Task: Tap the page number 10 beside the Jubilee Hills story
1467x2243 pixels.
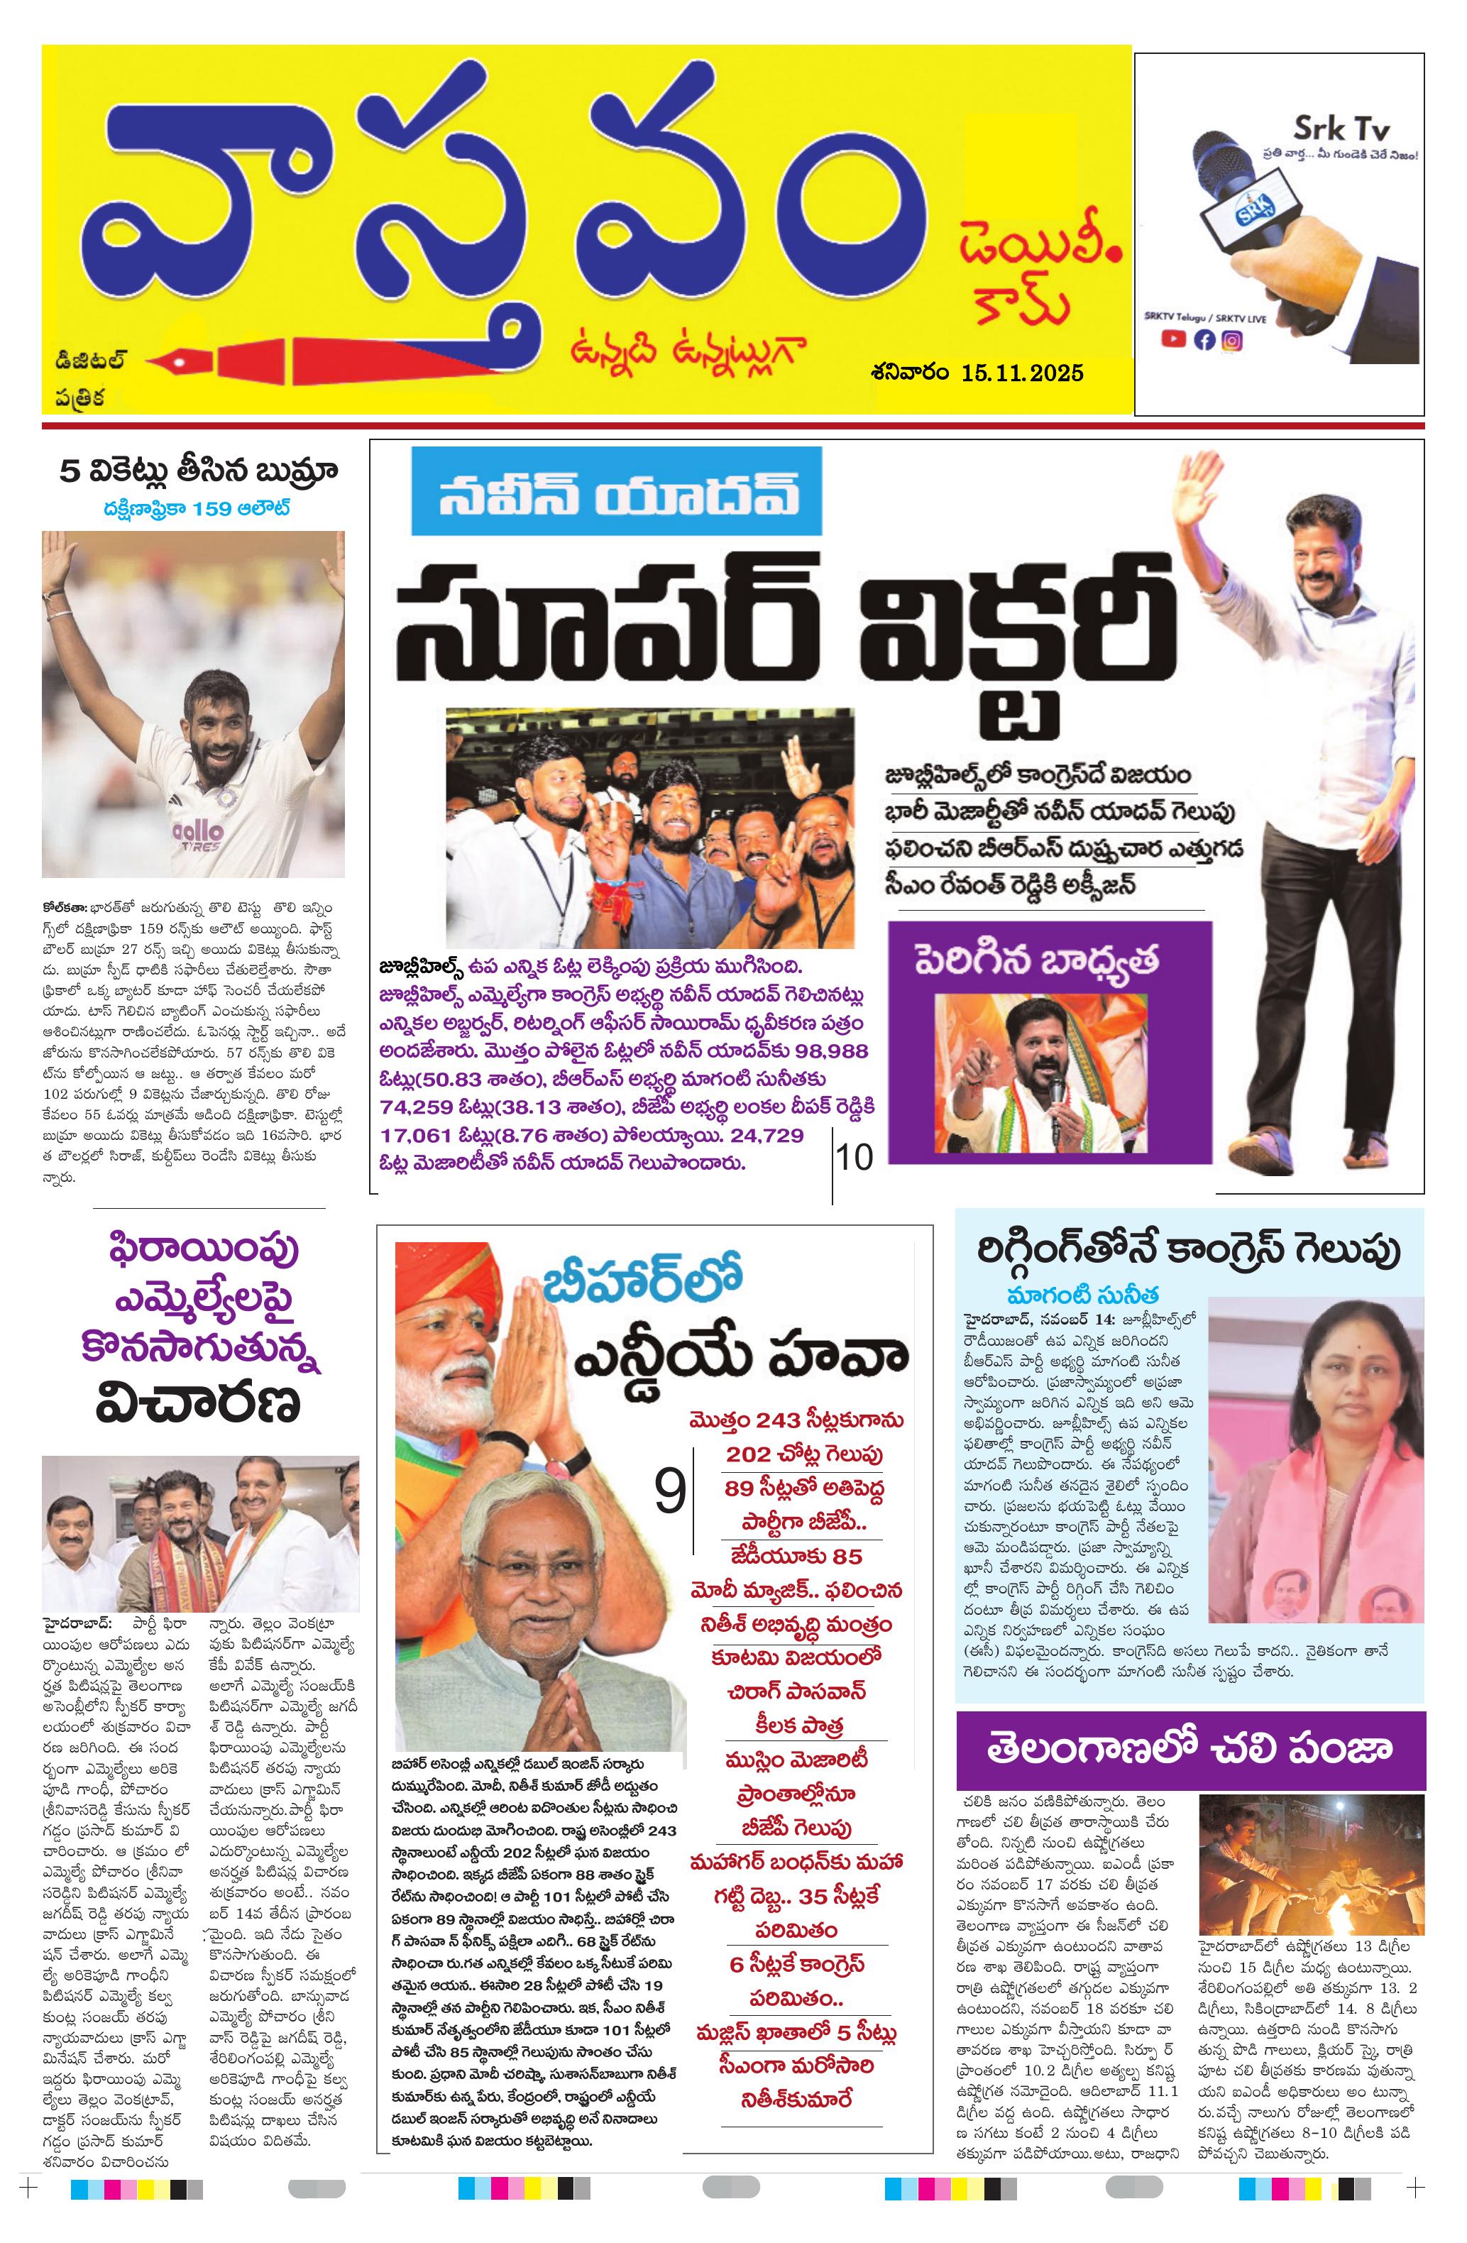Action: pyautogui.click(x=855, y=1156)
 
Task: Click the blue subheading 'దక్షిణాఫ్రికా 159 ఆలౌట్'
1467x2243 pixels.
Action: pyautogui.click(x=197, y=509)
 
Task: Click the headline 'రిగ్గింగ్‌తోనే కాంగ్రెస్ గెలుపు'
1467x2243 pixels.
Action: pyautogui.click(x=1190, y=1250)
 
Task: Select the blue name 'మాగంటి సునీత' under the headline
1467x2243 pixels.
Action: pyautogui.click(x=1082, y=1294)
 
